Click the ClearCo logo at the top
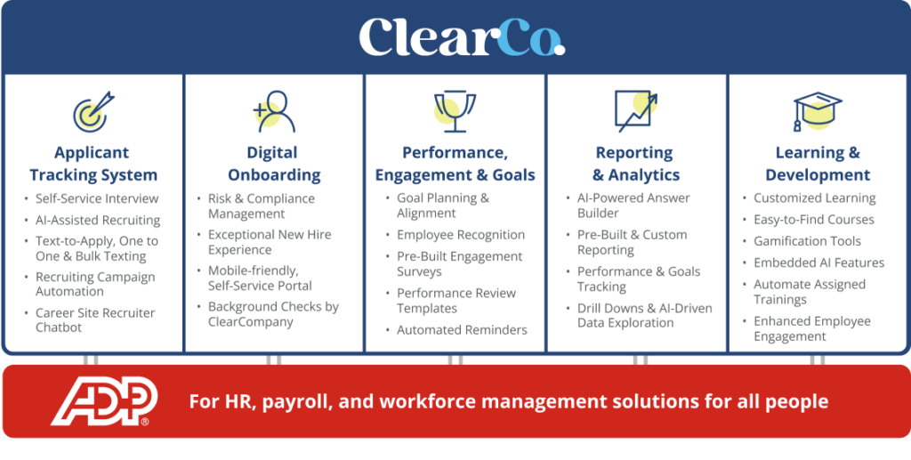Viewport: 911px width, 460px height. pyautogui.click(x=461, y=38)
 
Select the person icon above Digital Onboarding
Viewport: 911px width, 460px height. pyautogui.click(x=274, y=111)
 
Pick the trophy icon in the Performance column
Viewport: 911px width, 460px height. pyautogui.click(x=454, y=111)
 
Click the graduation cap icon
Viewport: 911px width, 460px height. pyautogui.click(x=817, y=111)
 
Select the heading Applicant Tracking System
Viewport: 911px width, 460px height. pyautogui.click(x=93, y=164)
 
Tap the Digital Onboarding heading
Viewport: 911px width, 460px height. pyautogui.click(x=274, y=164)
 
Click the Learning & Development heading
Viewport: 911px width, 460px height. pyautogui.click(x=818, y=164)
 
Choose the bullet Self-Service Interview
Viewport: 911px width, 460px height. pyautogui.click(x=96, y=198)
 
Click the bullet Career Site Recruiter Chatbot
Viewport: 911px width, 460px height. pyautogui.click(x=94, y=319)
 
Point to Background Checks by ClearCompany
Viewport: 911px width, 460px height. pyautogui.click(x=273, y=314)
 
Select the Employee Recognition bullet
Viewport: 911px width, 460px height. pyautogui.click(x=461, y=235)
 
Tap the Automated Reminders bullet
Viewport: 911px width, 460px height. pyautogui.click(x=462, y=330)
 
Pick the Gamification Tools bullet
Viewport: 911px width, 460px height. pyautogui.click(x=807, y=241)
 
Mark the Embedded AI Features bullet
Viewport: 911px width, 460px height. pyautogui.click(x=818, y=262)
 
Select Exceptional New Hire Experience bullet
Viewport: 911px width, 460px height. pyautogui.click(x=270, y=242)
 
